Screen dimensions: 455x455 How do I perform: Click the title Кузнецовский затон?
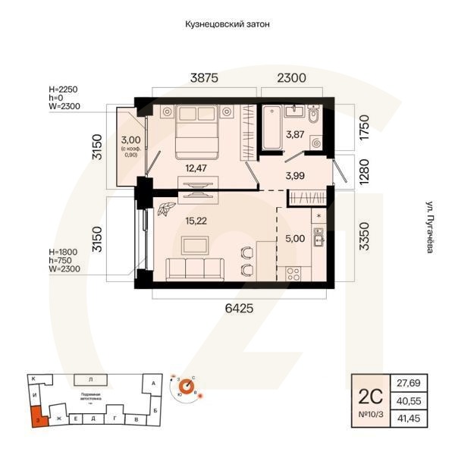click(x=227, y=24)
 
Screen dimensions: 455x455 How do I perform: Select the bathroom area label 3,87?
click(x=293, y=136)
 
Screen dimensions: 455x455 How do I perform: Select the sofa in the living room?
click(x=195, y=268)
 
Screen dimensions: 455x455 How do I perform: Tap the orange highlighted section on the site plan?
click(x=36, y=416)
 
